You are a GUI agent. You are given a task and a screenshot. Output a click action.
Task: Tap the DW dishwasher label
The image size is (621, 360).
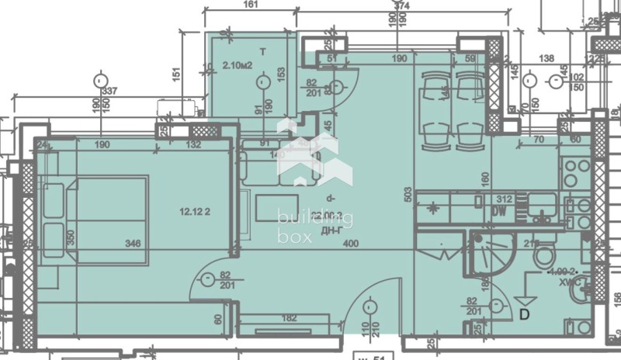(x=500, y=210)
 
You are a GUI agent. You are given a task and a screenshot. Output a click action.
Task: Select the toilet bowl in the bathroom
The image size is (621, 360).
(x=543, y=256)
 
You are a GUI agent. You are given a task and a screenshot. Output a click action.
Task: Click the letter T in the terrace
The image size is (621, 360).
(x=262, y=51)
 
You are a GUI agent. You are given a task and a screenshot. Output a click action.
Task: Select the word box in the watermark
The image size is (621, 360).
(x=296, y=237)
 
